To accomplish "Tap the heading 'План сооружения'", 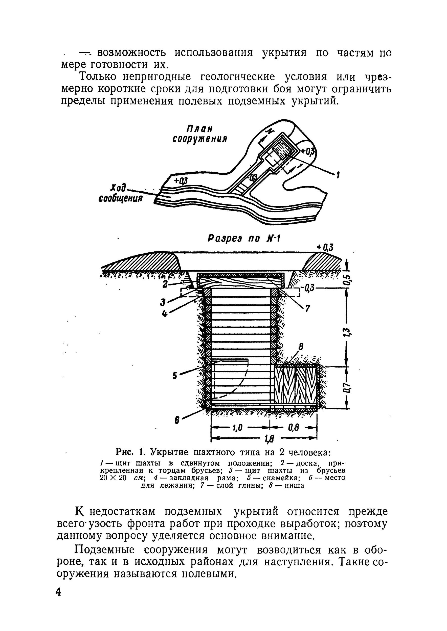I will tap(200, 134).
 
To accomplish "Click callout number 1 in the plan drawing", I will tap(338, 175).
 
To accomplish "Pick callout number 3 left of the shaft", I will tap(163, 303).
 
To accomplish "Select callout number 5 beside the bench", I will tap(174, 376).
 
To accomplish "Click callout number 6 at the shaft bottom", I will tap(177, 420).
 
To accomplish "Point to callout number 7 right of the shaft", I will tap(307, 308).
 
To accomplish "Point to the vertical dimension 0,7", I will tap(348, 388).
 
